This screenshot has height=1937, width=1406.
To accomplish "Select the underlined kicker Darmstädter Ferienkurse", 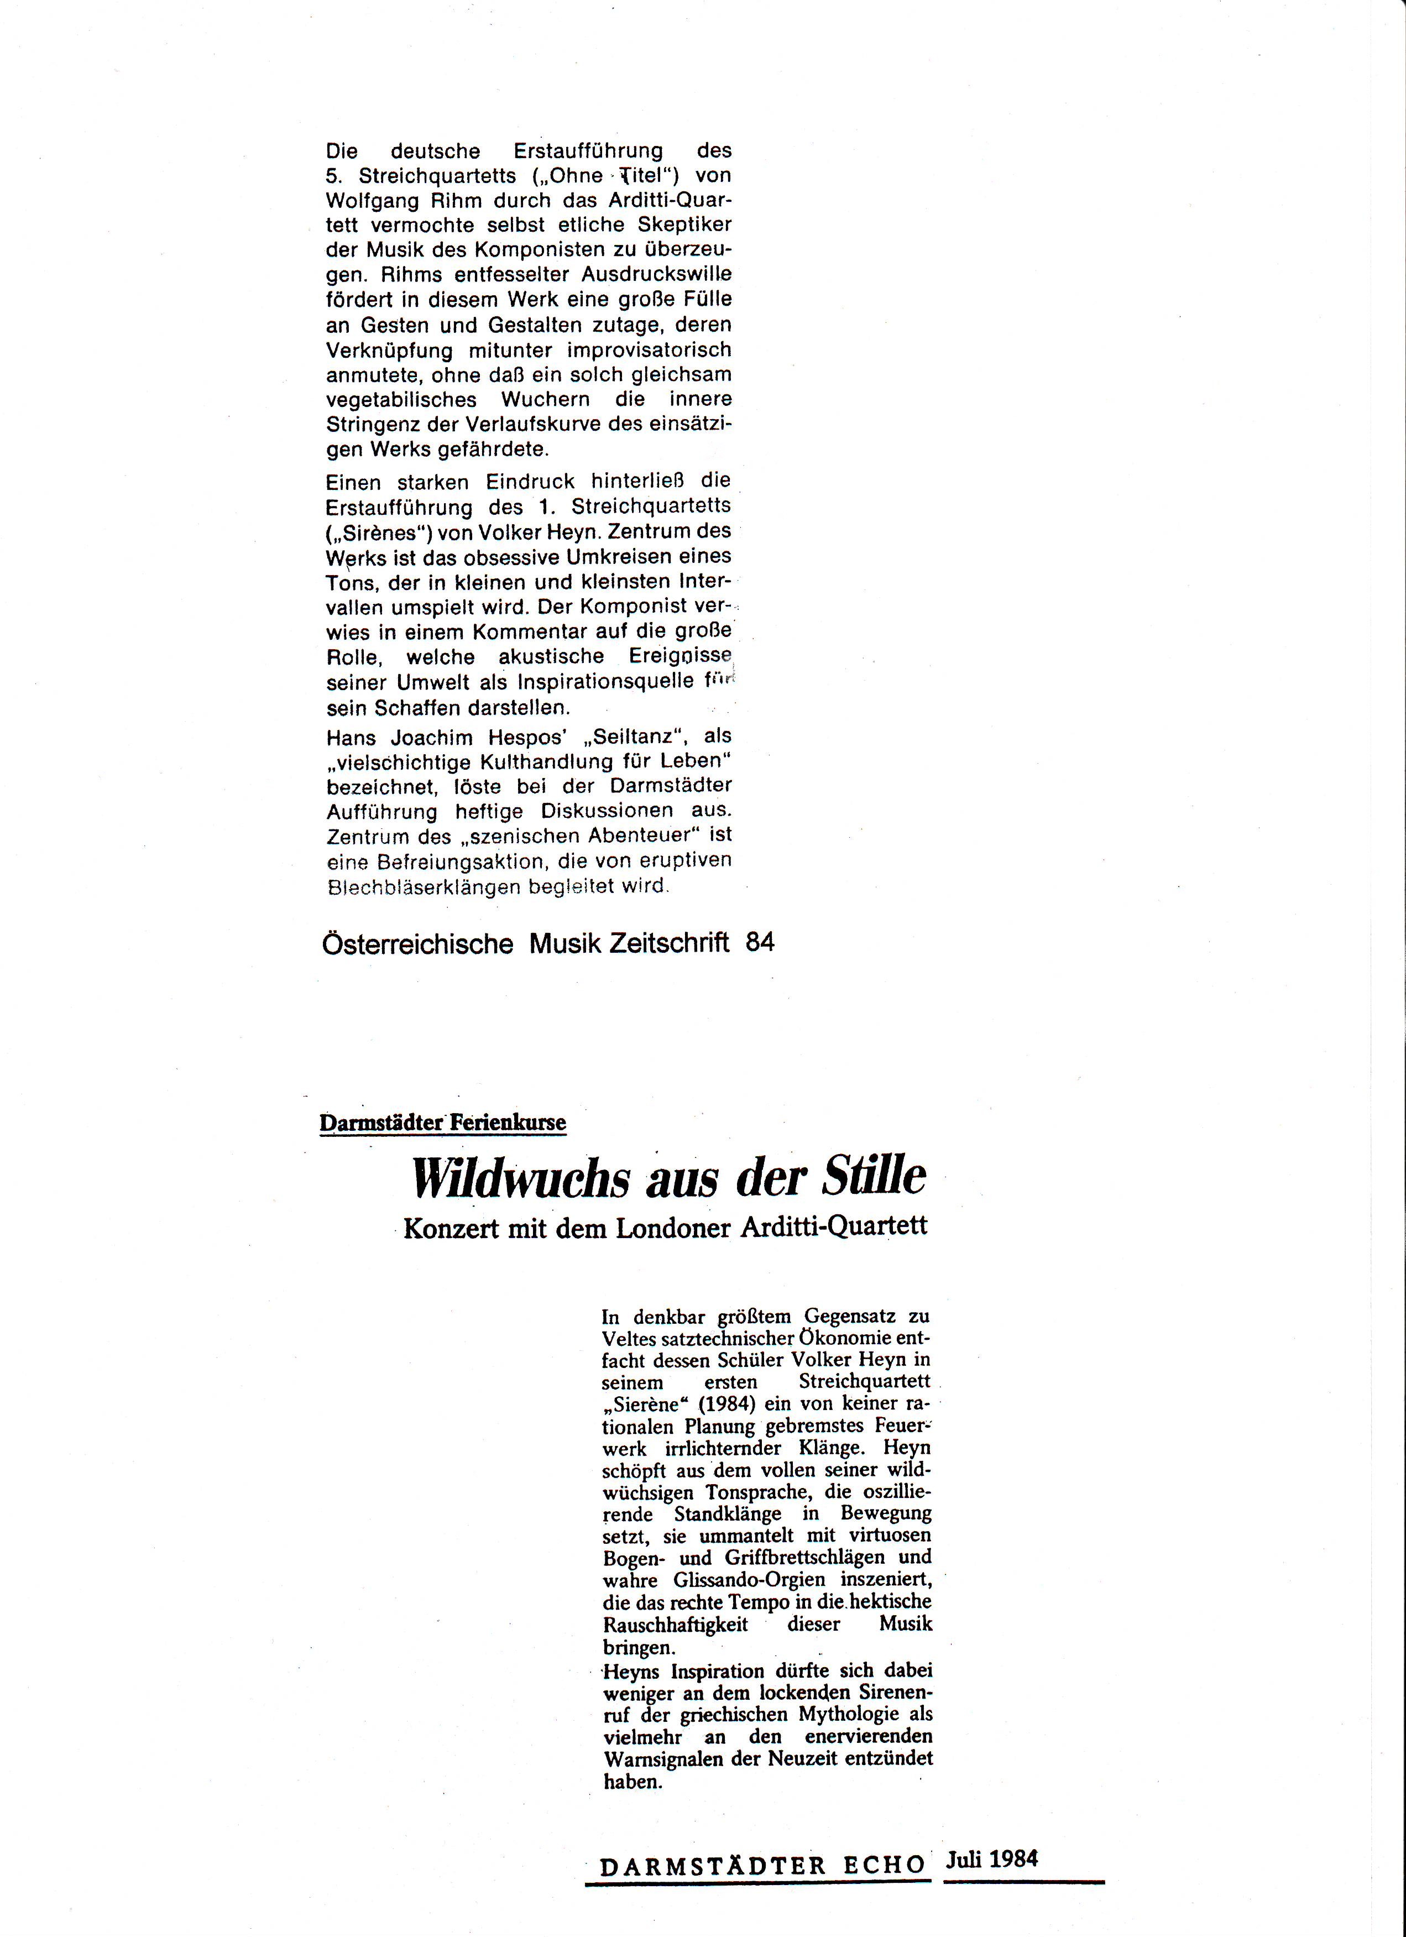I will [x=442, y=1122].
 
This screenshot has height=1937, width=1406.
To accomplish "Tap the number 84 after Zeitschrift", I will [x=759, y=943].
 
